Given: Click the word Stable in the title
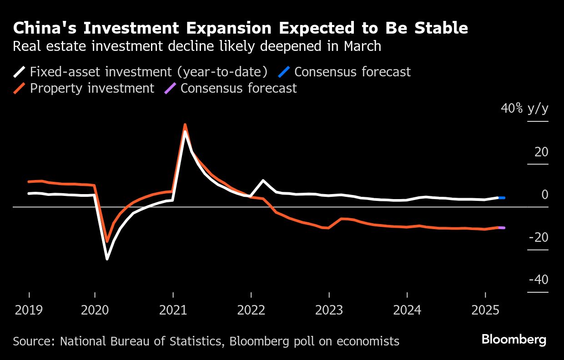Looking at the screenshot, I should tap(440, 28).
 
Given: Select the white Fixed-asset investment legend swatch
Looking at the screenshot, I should tap(20, 72).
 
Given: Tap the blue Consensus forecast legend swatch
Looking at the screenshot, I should tap(284, 72).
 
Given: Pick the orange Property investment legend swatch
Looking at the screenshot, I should tap(20, 88).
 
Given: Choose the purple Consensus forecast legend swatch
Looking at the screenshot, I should tap(170, 88).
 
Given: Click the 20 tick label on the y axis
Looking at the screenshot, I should tap(541, 152).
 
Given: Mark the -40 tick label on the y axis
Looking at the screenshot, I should tap(539, 280).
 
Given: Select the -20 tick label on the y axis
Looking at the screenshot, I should tap(539, 237).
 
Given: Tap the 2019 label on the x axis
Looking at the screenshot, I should tap(29, 310).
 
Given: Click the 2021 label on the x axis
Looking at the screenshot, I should tap(173, 310).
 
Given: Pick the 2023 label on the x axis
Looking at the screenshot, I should tap(329, 310).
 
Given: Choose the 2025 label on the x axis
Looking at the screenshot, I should tap(485, 310).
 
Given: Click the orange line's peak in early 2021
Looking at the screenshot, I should tap(185, 124).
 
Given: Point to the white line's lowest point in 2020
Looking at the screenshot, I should tap(107, 259).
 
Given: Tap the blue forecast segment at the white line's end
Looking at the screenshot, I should tap(502, 198).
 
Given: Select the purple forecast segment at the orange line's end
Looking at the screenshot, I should tap(502, 227).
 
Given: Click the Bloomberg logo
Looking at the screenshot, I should tap(514, 340).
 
